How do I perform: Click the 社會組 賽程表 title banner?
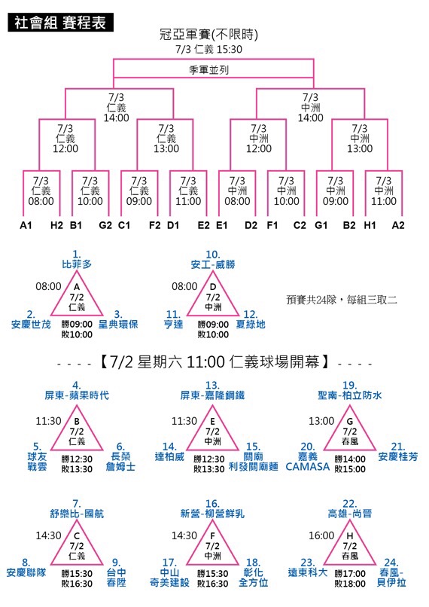(x=60, y=23)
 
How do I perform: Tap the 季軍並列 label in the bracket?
(x=209, y=70)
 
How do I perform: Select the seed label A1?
(x=26, y=225)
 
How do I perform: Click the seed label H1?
(x=370, y=225)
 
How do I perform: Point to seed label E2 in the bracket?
(x=203, y=225)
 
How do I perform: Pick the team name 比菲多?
(x=77, y=264)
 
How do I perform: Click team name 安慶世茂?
(x=31, y=325)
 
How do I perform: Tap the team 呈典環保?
(x=118, y=325)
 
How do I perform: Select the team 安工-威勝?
(x=213, y=265)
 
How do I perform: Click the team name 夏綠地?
(x=251, y=325)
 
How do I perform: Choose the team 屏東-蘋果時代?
(x=77, y=395)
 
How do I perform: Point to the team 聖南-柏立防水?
(x=350, y=395)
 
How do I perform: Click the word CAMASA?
(x=308, y=467)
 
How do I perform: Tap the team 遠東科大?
(x=308, y=572)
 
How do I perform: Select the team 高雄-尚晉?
(x=350, y=514)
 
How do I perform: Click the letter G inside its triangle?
(x=350, y=422)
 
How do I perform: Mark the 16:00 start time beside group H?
(x=321, y=535)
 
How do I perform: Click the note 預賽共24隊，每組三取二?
(x=342, y=300)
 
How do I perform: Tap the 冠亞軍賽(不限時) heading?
(x=209, y=35)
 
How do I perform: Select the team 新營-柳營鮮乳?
(x=212, y=514)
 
